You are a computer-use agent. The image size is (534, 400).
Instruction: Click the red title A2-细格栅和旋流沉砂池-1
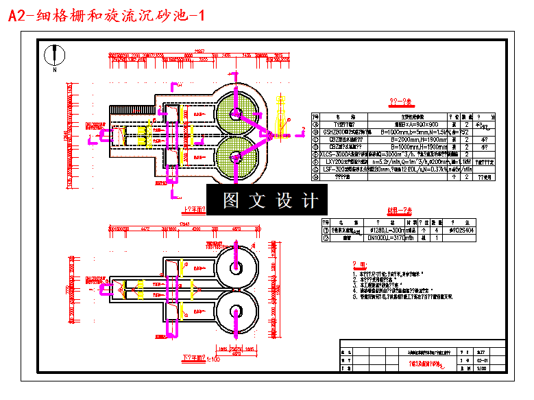106,14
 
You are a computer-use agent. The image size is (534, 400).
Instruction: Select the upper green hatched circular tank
238,110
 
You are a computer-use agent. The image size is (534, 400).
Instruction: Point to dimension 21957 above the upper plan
199,51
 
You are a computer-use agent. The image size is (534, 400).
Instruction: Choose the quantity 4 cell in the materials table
436,231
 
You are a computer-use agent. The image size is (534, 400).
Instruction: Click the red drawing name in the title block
426,364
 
